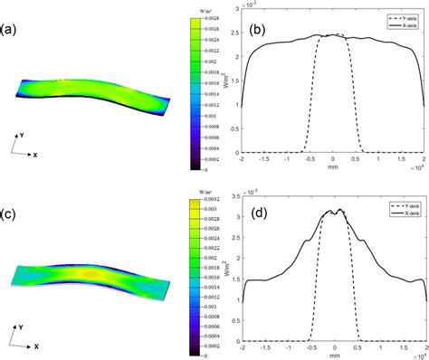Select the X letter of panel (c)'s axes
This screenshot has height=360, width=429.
pos(38,346)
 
